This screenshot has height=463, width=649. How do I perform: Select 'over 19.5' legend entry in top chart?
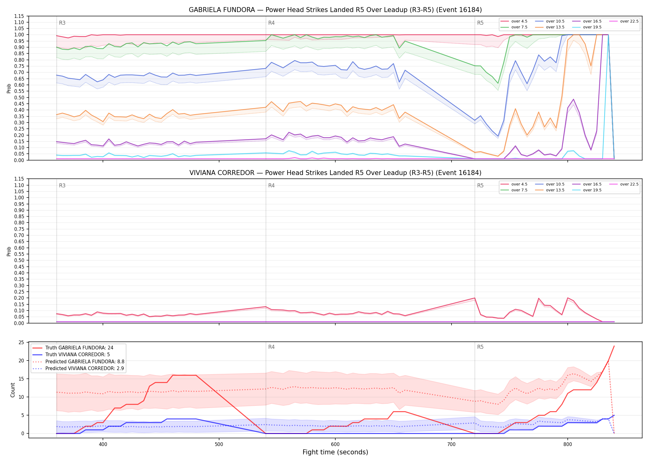coord(587,27)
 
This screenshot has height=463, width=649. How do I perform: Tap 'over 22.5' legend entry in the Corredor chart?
coord(624,184)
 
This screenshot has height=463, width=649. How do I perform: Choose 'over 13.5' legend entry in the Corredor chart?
coord(550,190)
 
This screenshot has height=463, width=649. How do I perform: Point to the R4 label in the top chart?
coord(271,23)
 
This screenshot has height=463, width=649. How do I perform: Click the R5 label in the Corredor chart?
coord(480,186)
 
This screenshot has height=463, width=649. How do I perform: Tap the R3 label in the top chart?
coord(62,23)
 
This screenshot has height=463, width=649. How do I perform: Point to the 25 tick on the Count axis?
coord(21,342)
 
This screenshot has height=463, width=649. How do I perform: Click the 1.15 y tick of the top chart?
coord(19,16)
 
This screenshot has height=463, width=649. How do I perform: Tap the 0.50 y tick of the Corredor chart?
coord(19,260)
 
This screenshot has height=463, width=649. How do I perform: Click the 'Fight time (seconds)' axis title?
coord(335,452)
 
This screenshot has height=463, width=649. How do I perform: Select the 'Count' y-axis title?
coord(13,390)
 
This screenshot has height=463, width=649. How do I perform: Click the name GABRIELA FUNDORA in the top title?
coord(222,10)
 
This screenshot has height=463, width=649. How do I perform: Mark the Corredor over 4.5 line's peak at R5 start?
coord(475,298)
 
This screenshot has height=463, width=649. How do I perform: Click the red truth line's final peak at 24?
coord(614,346)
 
